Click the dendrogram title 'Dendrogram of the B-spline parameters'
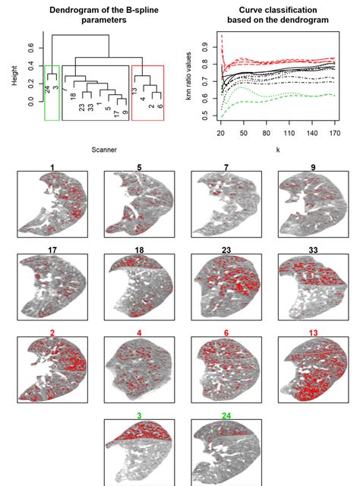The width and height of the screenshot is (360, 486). pyautogui.click(x=92, y=14)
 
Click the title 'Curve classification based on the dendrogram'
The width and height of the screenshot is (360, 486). pyautogui.click(x=270, y=14)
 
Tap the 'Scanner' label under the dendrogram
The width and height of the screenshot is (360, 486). pyautogui.click(x=104, y=150)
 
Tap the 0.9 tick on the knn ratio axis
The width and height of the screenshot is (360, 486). pyautogui.click(x=209, y=46)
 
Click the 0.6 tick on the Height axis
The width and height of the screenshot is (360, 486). pyautogui.click(x=30, y=47)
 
